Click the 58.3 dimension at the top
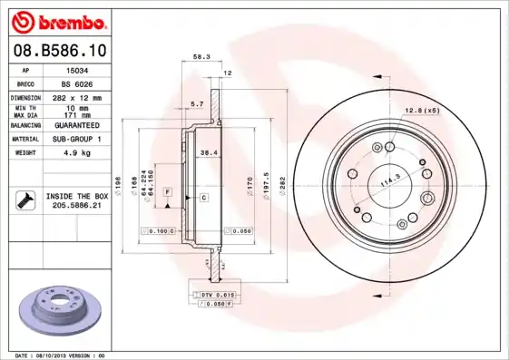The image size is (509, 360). click(201, 57)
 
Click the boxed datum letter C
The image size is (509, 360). click(204, 197)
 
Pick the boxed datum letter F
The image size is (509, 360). click(168, 192)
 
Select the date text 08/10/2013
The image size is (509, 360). click(60, 355)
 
